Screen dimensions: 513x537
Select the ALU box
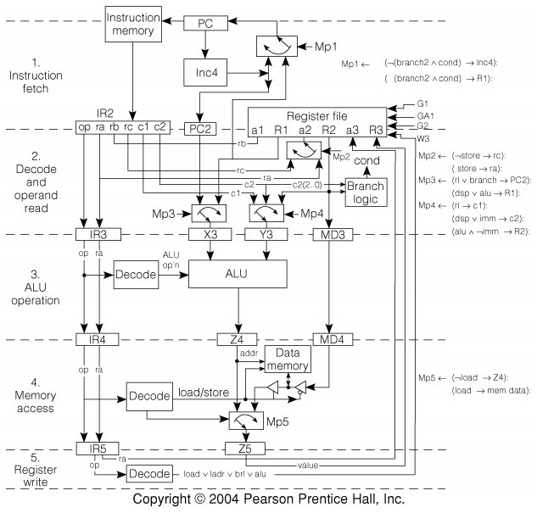pyautogui.click(x=238, y=275)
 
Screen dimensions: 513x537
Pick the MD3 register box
pyautogui.click(x=327, y=235)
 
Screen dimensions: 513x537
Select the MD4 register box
pyautogui.click(x=327, y=340)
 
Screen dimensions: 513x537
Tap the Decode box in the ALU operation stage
pyautogui.click(x=137, y=275)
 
